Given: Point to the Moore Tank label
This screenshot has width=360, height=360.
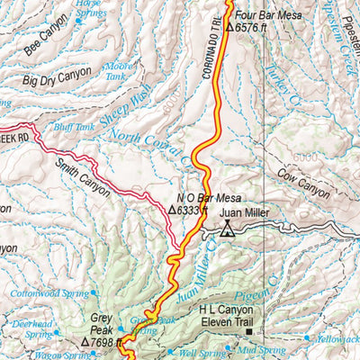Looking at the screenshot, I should [119, 72].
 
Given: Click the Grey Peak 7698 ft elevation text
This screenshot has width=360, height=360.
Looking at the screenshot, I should [103, 343].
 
